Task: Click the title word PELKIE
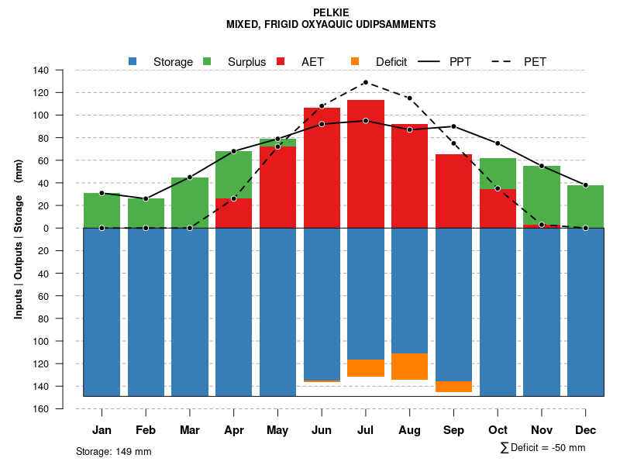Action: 331,12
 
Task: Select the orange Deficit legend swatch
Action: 354,61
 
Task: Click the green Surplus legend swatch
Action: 207,61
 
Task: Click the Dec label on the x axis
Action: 586,430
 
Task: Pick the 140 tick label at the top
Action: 41,71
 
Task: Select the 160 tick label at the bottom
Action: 41,408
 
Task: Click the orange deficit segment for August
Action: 409,367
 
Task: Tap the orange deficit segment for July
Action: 365,368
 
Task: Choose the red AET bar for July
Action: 365,163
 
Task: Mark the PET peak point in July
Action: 365,82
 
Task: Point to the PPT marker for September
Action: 453,126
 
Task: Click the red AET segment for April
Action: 233,213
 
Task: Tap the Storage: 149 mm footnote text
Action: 113,451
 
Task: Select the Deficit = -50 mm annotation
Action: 543,448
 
